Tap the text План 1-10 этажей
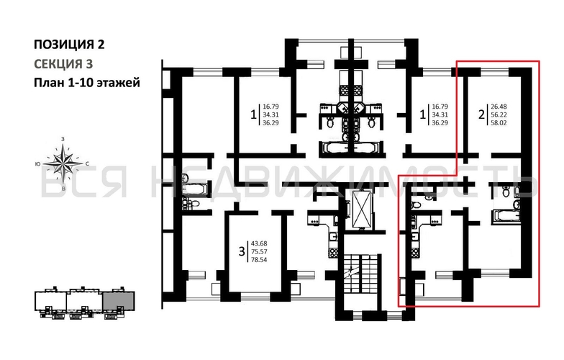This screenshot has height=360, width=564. coord(86,82)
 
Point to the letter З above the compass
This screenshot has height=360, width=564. coord(65,138)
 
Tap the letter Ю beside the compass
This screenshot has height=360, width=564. coord(37,163)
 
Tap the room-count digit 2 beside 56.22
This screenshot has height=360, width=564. coord(481,113)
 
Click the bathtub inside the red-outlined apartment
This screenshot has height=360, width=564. coord(505,214)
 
